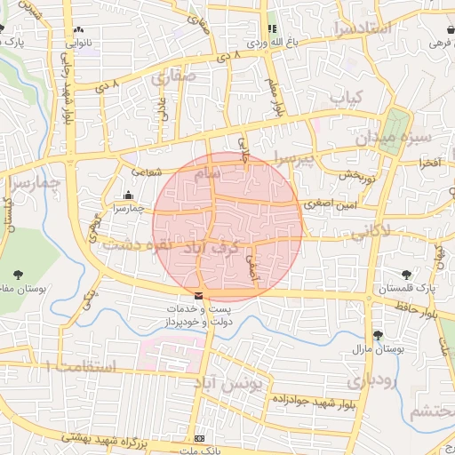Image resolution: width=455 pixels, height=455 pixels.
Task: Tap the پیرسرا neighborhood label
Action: [x=294, y=161]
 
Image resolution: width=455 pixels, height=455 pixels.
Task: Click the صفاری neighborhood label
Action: [x=172, y=78]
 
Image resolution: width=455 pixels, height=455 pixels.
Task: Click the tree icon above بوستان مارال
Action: [x=378, y=335]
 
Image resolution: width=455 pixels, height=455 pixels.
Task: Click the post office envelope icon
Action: [x=198, y=296]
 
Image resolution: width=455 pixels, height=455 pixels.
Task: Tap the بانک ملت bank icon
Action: [x=199, y=438]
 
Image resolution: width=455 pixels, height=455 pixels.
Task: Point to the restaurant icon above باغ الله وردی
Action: [x=272, y=28]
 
